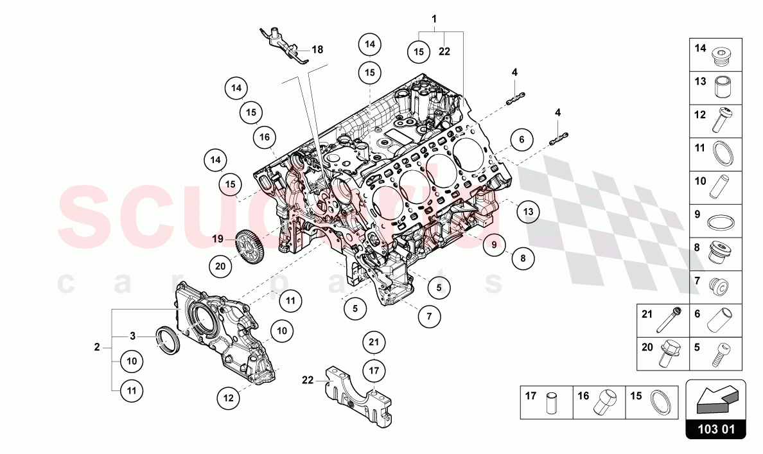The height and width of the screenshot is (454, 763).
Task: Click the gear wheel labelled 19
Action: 247,245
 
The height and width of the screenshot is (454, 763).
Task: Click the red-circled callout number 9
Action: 495,244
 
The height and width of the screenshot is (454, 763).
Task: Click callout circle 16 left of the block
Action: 265,136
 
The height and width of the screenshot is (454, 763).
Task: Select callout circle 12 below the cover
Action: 228,398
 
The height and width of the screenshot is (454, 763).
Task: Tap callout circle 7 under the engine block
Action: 429,316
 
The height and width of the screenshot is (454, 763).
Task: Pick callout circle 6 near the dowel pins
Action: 522,139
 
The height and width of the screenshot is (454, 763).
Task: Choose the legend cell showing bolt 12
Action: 717,121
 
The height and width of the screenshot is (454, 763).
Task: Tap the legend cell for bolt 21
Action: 663,320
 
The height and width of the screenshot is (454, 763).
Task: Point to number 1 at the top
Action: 434,19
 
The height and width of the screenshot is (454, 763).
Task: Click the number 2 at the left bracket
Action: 97,347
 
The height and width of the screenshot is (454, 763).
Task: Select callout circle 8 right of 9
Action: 523,259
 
